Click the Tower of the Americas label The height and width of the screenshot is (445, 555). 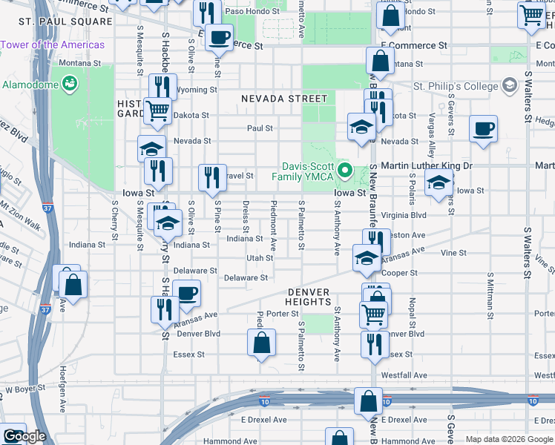coord(52,45)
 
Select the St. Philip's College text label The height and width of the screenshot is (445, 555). coord(456,87)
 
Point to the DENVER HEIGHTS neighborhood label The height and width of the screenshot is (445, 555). coord(309,297)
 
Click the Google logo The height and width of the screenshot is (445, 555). coord(24,436)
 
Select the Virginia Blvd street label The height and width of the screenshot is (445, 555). coord(404,215)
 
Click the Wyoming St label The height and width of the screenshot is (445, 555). coord(197,90)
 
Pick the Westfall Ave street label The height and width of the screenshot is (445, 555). coord(404,375)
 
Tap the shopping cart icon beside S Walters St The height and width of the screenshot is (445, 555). coord(531,16)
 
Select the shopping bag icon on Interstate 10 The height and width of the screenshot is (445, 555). coord(369,401)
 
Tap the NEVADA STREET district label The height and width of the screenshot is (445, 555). coord(283,99)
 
